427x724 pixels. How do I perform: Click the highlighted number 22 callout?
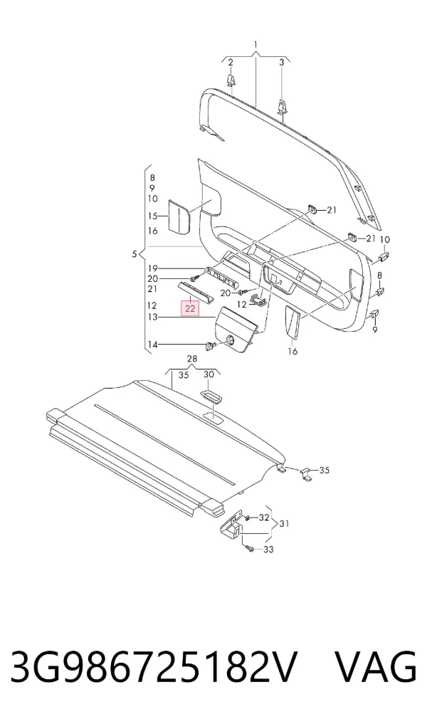(190, 308)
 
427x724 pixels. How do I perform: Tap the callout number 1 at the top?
(255, 45)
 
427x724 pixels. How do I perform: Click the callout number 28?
(192, 359)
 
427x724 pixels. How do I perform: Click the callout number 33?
(268, 550)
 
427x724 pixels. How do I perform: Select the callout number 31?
(285, 524)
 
